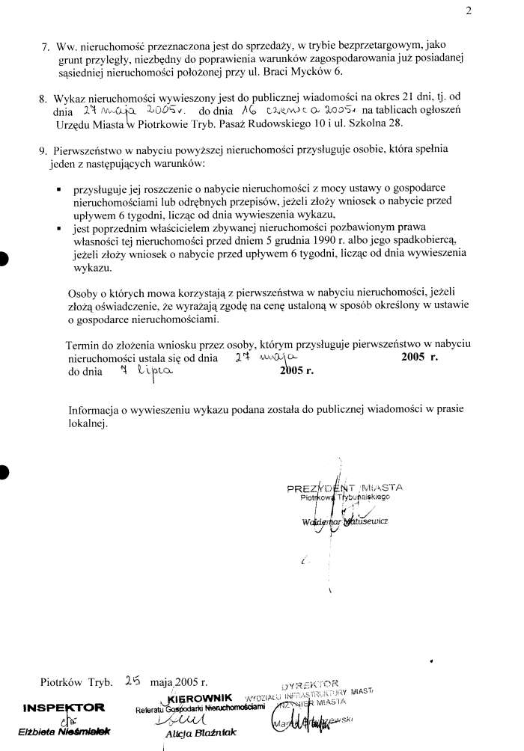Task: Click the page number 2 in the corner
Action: (509, 11)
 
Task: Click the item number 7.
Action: (45, 46)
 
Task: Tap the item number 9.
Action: (43, 150)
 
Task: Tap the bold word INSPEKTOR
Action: (64, 708)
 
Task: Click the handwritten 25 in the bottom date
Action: (132, 681)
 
